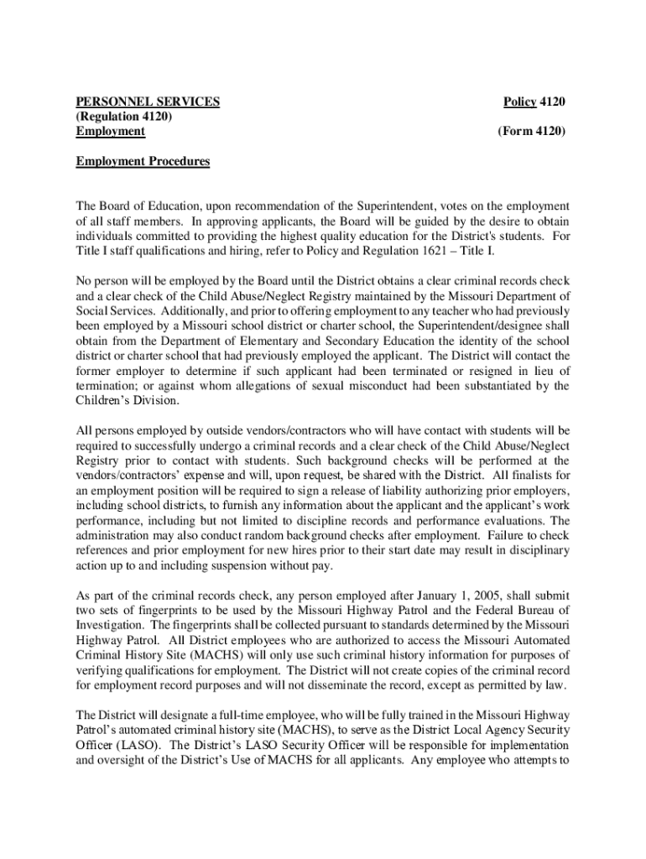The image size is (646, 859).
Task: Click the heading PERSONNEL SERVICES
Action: pyautogui.click(x=148, y=102)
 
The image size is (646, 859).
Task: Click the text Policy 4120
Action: pyautogui.click(x=534, y=102)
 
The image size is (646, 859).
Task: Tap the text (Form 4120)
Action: pyautogui.click(x=531, y=132)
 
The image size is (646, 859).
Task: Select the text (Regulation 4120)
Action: pyautogui.click(x=123, y=117)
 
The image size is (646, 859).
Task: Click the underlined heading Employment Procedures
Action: pyautogui.click(x=143, y=161)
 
